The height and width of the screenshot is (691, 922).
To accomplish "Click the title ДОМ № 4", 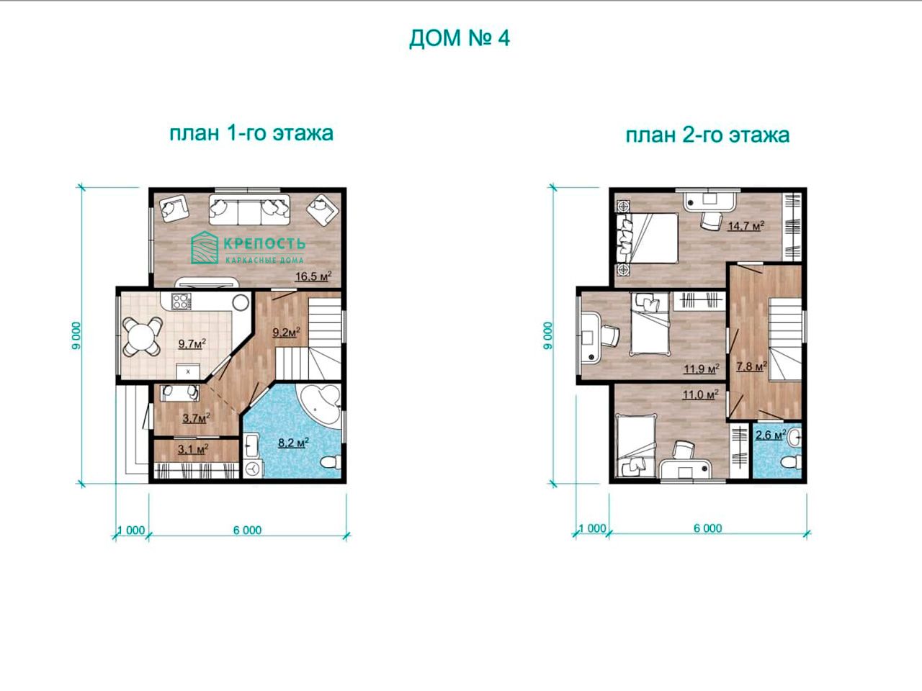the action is coord(459,39).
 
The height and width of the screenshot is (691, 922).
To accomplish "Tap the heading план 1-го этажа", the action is coord(251,133).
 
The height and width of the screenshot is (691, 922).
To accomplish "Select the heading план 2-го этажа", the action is coord(707,135).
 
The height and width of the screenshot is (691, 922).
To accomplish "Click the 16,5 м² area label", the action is coord(313,276).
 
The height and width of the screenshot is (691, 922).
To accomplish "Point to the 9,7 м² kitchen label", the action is coord(192,343).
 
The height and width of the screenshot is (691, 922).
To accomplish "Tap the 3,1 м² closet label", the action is coord(193,449).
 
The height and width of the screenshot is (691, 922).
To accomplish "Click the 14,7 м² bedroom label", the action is coord(746,226).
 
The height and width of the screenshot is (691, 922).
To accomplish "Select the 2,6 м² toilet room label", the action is coord(770,435).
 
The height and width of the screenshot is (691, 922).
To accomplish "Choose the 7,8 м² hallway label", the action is coord(751,366).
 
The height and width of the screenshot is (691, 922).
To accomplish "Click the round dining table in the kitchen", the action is coord(142,336).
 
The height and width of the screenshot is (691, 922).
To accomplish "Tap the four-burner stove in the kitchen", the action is coord(181,302).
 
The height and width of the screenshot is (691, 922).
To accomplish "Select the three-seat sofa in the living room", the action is coord(249,209).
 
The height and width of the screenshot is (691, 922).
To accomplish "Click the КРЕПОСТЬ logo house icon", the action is coord(205,248).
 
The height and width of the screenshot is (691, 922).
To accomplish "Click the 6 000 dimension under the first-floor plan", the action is coord(247,530).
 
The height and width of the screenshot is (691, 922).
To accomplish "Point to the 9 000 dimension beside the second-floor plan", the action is coord(547,335).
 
